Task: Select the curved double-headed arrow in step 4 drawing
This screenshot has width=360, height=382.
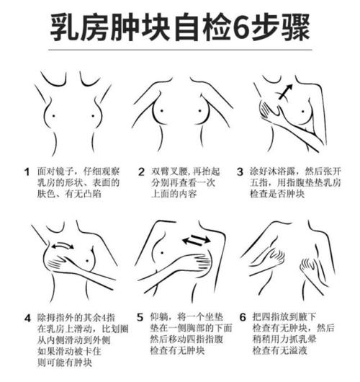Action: point(63,245)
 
